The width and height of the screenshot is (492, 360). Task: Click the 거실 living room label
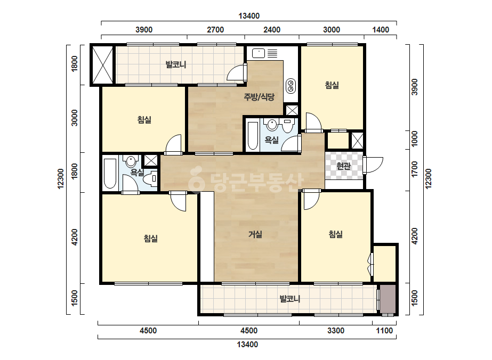(255, 234)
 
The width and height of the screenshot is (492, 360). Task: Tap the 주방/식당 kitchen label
(259, 97)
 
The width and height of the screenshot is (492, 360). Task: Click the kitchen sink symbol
(259, 53)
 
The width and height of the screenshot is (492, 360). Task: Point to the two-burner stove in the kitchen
(291, 86)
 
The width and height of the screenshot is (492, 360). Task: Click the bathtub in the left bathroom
(110, 174)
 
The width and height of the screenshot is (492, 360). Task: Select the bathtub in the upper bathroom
(253, 135)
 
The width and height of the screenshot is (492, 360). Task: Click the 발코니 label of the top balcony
(176, 64)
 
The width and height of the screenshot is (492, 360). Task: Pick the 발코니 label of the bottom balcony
(290, 299)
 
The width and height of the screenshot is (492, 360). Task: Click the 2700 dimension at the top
(215, 30)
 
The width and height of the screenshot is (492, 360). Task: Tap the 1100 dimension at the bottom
(384, 331)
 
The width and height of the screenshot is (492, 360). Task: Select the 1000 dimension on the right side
(415, 139)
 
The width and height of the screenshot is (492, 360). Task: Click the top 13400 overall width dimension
(249, 16)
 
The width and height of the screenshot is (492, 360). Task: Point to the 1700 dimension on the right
(415, 169)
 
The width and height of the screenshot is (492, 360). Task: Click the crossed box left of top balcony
(102, 64)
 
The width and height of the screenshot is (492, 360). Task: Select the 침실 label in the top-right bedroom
(332, 85)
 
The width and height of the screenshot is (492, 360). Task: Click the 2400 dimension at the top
(272, 30)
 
